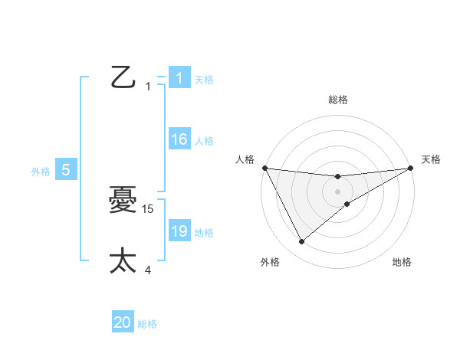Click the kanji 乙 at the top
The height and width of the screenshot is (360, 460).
(x=123, y=77)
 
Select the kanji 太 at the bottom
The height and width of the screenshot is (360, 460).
(x=123, y=260)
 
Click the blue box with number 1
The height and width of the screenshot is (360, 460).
(x=179, y=78)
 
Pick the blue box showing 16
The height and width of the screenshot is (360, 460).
(x=179, y=139)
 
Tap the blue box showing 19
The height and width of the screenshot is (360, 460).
(x=179, y=231)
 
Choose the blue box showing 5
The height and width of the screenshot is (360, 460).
(x=66, y=170)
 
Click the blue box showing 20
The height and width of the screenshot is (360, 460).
(x=123, y=323)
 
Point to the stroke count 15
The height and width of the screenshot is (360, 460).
(x=149, y=208)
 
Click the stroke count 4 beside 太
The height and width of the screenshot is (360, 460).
(x=148, y=270)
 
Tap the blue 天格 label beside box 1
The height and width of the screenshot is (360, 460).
(x=204, y=79)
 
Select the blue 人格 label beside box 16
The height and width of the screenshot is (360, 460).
(x=204, y=140)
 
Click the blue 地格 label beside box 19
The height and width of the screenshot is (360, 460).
(x=204, y=232)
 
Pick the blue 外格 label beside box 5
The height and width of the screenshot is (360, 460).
(x=41, y=172)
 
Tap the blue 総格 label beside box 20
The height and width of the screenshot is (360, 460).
(x=147, y=324)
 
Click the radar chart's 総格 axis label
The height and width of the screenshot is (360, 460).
(x=337, y=100)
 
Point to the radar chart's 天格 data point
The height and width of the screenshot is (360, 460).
(x=410, y=168)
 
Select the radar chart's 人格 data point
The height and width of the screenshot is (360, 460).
(x=264, y=168)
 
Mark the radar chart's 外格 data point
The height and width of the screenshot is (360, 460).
(x=301, y=241)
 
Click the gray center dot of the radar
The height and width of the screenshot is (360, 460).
(x=337, y=191)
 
